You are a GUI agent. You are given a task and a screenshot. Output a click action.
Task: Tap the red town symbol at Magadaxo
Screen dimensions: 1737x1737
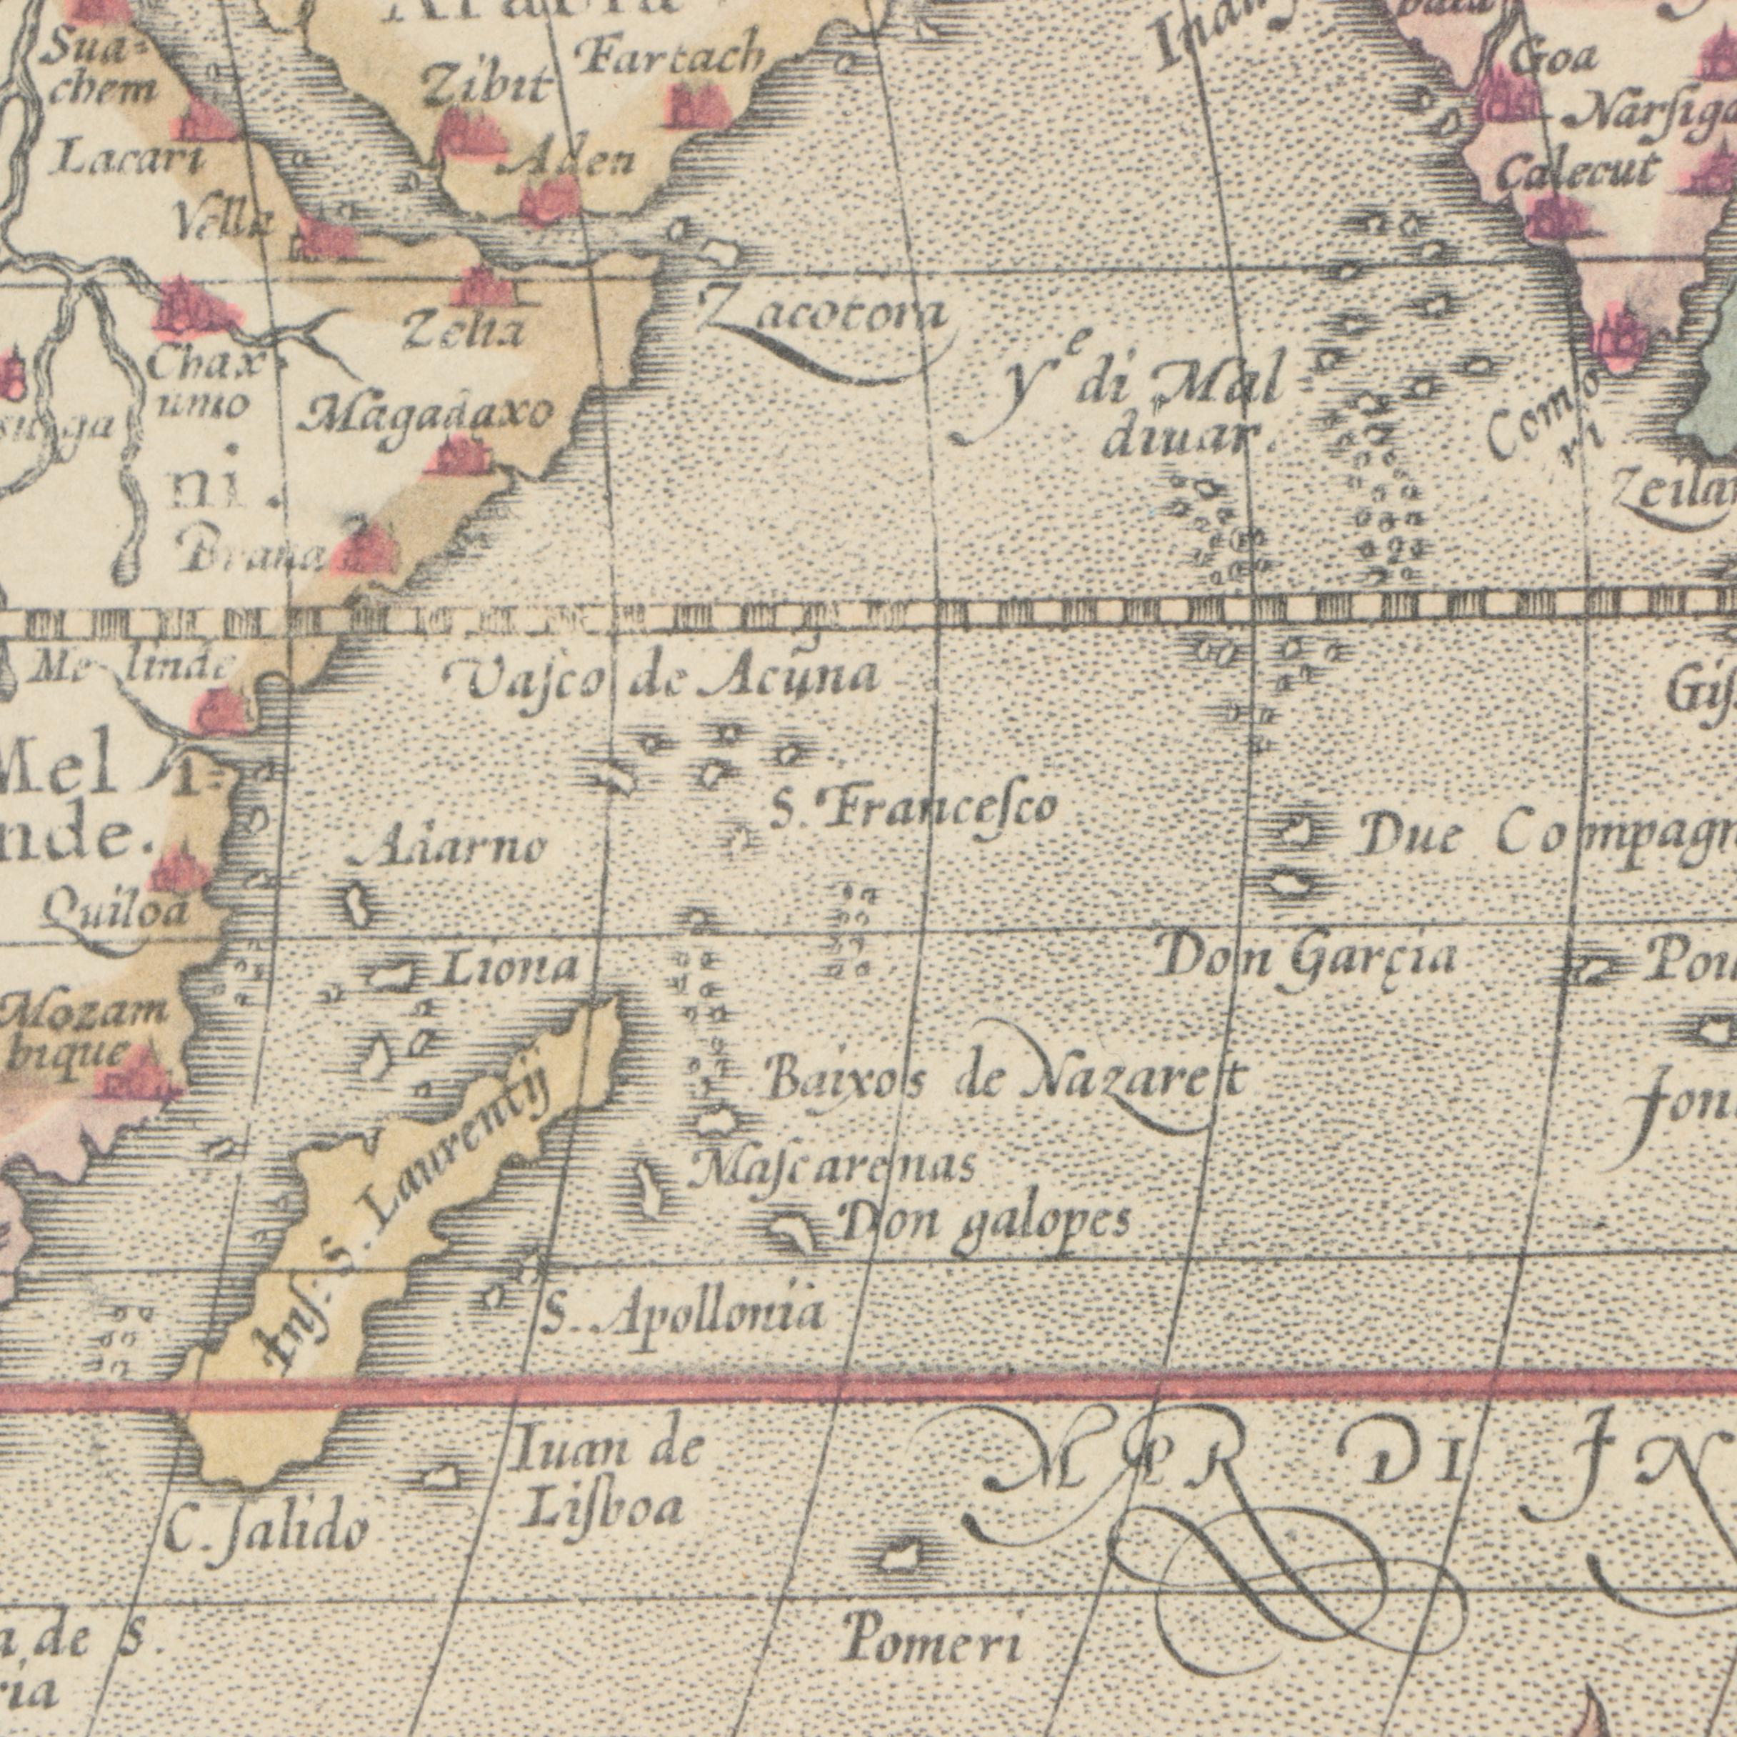(459, 455)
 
